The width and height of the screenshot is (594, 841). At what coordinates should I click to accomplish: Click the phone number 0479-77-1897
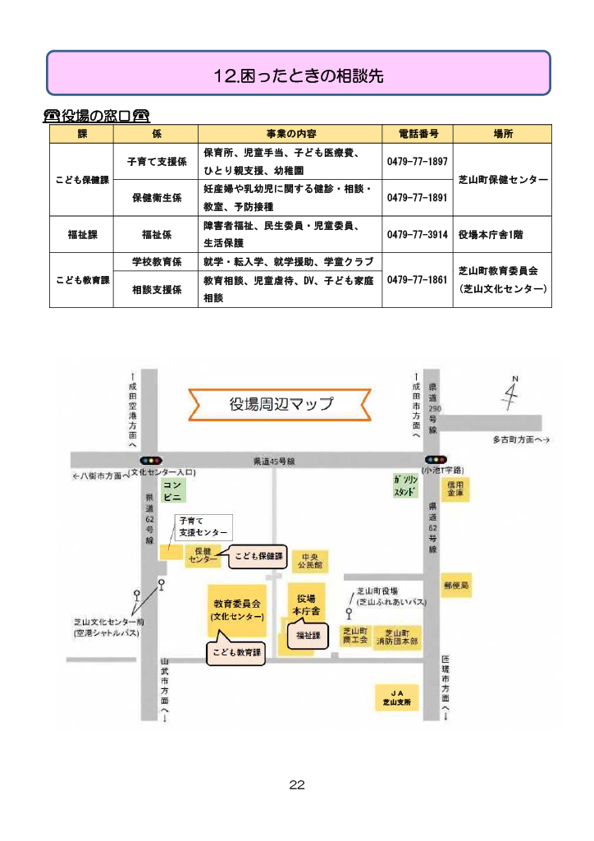(418, 162)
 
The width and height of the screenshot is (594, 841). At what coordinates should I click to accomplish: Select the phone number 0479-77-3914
(418, 234)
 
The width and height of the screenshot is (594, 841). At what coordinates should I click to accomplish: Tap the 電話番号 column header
(418, 134)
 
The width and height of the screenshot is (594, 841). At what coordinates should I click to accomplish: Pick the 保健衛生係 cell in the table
(157, 198)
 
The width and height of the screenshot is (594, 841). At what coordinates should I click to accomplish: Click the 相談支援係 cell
(157, 290)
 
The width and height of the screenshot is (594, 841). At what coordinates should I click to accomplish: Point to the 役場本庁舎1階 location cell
(491, 234)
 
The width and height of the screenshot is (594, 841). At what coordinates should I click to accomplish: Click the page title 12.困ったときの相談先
(299, 76)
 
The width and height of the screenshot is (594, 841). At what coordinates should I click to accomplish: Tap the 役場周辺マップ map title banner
(280, 404)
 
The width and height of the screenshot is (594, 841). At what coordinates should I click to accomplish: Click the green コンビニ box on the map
(172, 491)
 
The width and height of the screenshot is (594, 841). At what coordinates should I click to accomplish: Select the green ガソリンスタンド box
(405, 486)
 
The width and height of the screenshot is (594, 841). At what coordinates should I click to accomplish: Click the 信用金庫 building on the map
(455, 489)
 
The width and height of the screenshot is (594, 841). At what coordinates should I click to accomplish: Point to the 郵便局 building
(456, 585)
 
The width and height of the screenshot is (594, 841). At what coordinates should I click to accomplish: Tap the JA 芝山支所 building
(397, 698)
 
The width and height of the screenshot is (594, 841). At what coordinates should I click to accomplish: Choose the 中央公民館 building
(310, 561)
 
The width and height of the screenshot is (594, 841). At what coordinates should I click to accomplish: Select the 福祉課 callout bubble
(308, 634)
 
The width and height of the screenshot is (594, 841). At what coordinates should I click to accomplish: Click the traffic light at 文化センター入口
(150, 460)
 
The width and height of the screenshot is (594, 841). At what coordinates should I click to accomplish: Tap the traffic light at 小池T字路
(436, 460)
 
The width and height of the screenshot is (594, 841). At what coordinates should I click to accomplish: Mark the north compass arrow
(510, 393)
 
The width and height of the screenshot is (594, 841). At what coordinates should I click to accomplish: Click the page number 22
(297, 784)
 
